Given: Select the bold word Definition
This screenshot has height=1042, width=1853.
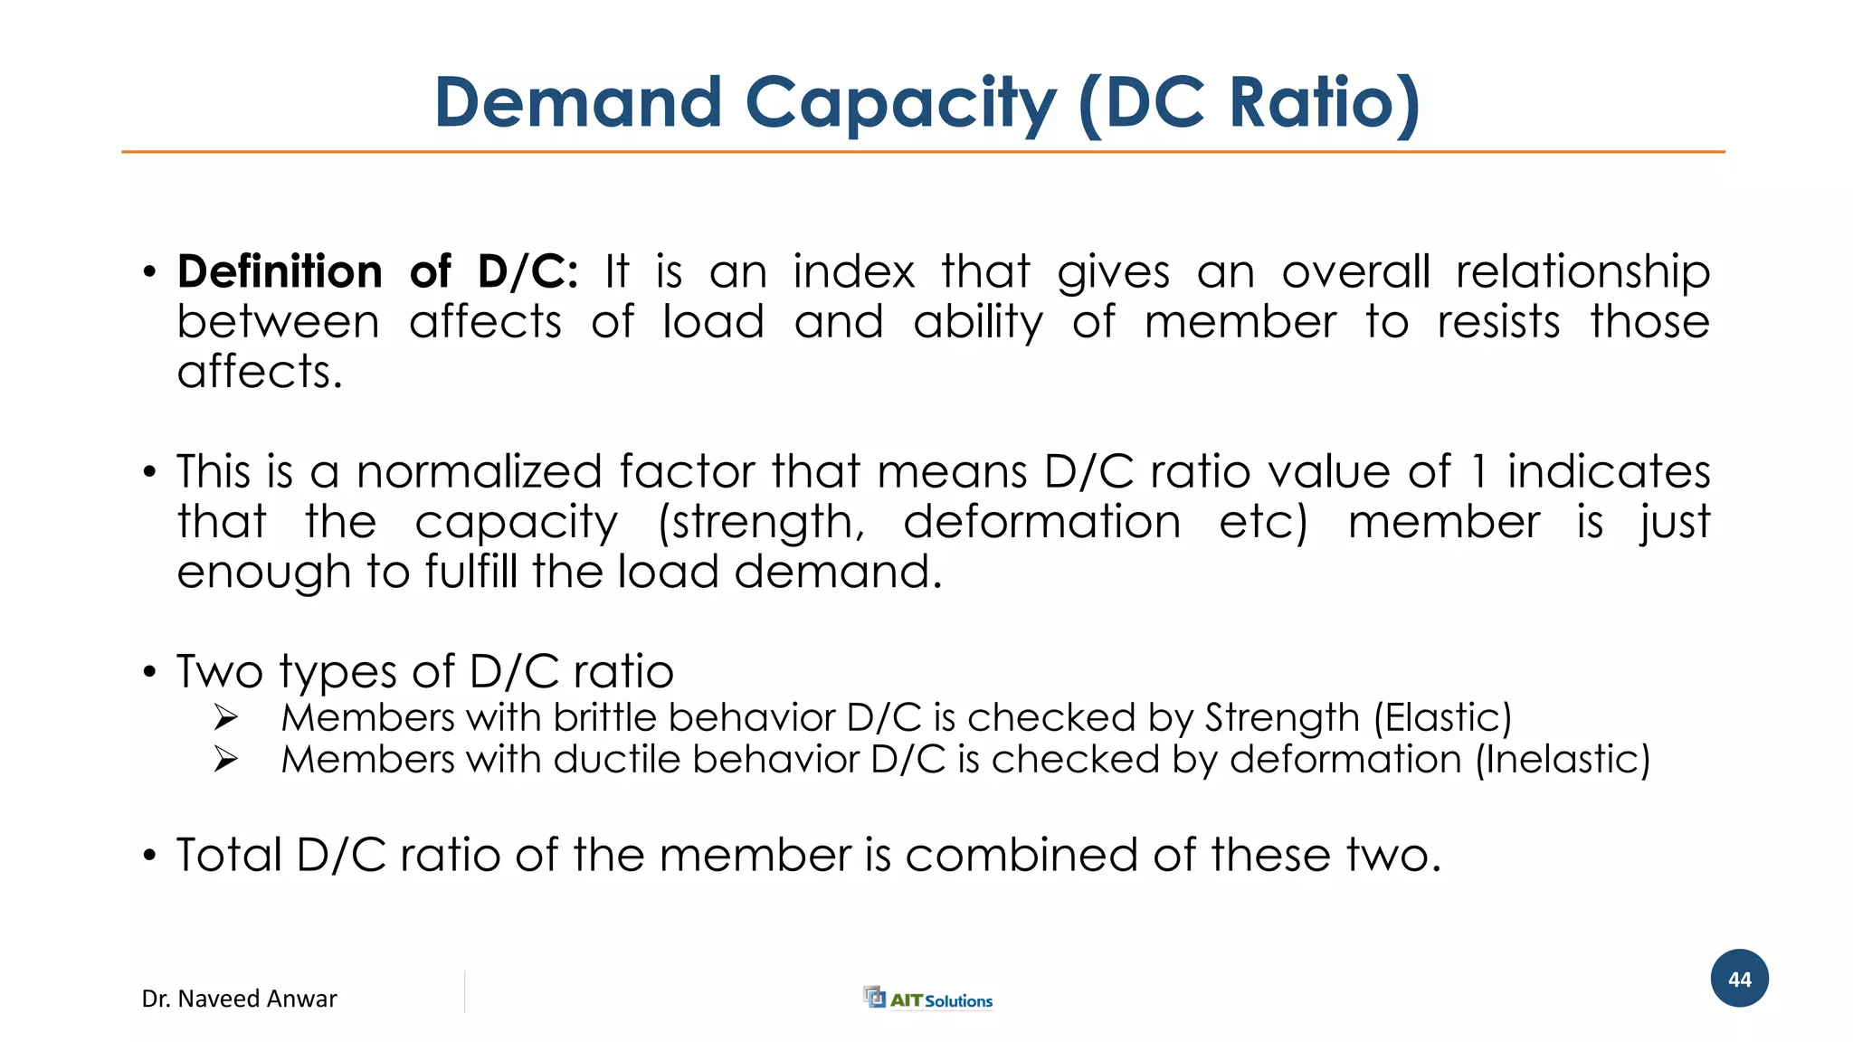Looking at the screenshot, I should click(x=280, y=271).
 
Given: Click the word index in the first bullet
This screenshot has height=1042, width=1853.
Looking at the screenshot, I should click(x=853, y=271).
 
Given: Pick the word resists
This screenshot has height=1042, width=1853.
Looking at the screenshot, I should click(x=1498, y=322).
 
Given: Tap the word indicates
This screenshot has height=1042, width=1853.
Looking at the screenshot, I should click(x=1608, y=471).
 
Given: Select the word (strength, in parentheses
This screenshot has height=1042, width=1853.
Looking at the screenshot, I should click(x=761, y=523).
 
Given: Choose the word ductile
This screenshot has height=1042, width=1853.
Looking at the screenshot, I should click(x=616, y=759).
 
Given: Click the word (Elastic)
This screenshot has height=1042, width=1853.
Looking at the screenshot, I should click(x=1442, y=718).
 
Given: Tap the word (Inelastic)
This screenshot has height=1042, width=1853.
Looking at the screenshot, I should click(x=1563, y=760).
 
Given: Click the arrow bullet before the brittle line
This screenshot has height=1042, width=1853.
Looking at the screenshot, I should click(x=225, y=718).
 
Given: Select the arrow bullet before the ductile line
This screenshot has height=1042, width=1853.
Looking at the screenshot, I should click(x=225, y=760).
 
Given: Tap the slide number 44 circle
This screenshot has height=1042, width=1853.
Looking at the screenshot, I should click(x=1739, y=979).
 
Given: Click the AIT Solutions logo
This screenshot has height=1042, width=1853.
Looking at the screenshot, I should click(x=928, y=999).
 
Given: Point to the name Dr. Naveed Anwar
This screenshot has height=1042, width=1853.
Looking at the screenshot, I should click(x=239, y=999).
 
